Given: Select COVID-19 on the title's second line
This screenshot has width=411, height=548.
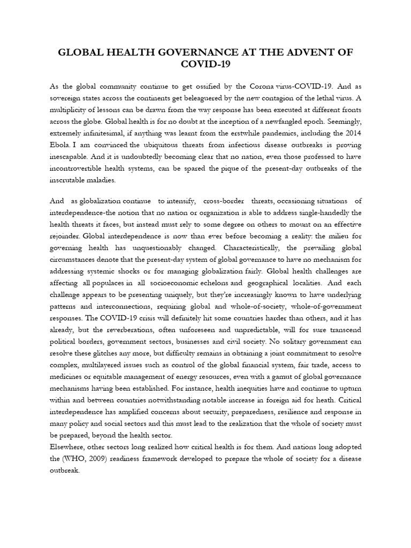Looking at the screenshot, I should (x=205, y=65).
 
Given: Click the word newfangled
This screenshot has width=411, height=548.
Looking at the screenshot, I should (x=294, y=121).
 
